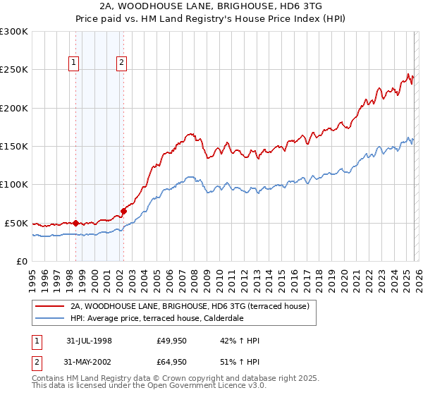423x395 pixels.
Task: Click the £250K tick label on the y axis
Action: tap(14, 70)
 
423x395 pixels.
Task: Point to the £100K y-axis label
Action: tap(14, 185)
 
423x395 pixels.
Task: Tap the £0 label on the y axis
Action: tap(22, 261)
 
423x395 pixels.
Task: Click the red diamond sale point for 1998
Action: tap(76, 223)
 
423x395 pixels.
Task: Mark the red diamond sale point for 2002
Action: tap(123, 211)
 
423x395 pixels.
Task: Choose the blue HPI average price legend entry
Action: tap(157, 319)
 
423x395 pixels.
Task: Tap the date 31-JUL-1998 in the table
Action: tap(89, 341)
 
